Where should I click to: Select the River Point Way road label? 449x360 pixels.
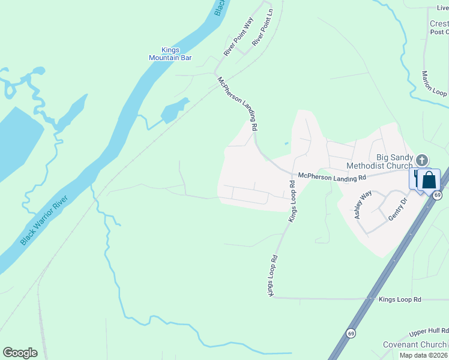click(238, 37)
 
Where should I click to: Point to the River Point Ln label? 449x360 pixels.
click(262, 31)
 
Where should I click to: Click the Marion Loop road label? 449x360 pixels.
click(433, 85)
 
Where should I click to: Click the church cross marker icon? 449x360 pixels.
click(422, 160)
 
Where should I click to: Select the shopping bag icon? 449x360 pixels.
click(429, 179)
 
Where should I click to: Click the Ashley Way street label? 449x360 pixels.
click(363, 204)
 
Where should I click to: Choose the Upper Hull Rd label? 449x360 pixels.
click(429, 331)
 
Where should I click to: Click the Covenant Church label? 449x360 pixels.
click(415, 345)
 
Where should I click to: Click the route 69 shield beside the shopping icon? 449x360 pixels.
click(438, 196)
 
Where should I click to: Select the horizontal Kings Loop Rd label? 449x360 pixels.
click(400, 299)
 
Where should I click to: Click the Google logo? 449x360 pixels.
click(20, 353)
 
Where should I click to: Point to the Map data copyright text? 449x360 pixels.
click(424, 355)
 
